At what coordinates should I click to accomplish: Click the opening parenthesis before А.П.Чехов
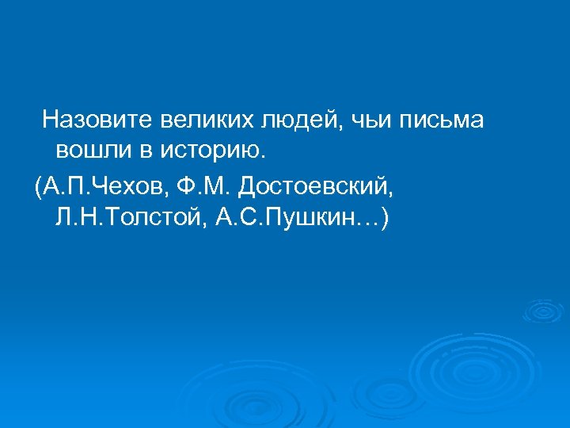[x=39, y=189]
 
